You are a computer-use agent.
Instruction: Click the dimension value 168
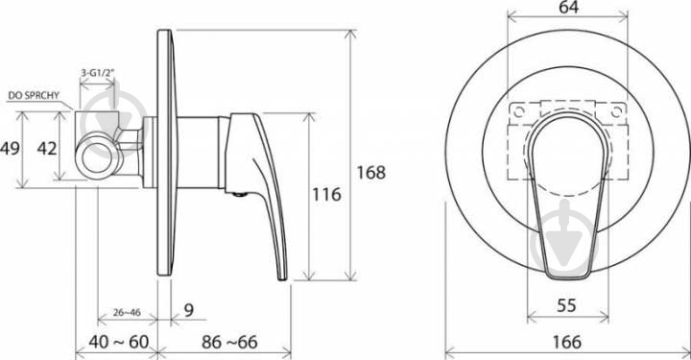coord(371,172)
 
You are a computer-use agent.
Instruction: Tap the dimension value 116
coord(326,194)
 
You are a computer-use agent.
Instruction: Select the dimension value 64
coord(568,7)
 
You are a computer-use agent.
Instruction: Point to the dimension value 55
coord(566,305)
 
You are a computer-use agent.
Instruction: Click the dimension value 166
coord(567,342)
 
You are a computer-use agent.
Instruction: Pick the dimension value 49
coord(10,149)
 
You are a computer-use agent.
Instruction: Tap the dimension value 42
coord(47,149)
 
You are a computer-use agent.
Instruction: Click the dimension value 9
coord(189,310)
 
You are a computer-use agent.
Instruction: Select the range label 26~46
coord(127,312)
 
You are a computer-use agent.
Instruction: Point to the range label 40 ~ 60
coord(119,342)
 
